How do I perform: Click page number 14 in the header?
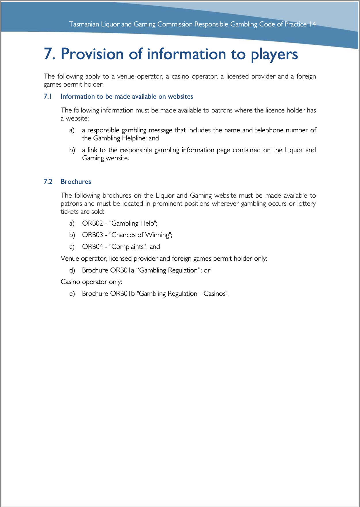(313, 24)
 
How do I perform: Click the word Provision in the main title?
(92, 54)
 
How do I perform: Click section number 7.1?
(48, 96)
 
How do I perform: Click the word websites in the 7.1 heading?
(180, 96)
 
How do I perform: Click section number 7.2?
(48, 182)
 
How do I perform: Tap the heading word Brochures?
(76, 182)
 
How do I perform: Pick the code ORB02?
(92, 223)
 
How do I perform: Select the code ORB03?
(92, 235)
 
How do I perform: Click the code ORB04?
(92, 247)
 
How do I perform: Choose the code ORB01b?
(122, 293)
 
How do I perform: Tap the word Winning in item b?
(157, 235)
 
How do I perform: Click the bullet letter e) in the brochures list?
(72, 293)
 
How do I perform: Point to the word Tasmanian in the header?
(84, 24)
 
